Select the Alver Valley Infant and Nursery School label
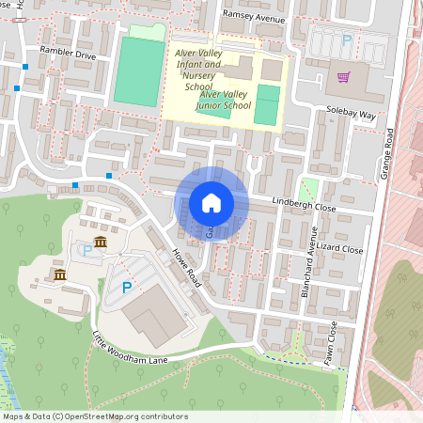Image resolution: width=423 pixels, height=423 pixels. click(x=198, y=70)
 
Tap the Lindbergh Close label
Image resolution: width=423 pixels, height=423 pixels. click(x=304, y=205)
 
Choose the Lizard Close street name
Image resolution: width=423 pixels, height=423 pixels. click(x=340, y=249)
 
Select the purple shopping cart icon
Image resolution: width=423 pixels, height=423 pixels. click(x=344, y=76)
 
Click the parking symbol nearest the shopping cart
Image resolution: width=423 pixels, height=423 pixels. click(x=347, y=40)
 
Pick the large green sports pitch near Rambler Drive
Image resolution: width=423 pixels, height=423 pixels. click(x=139, y=71)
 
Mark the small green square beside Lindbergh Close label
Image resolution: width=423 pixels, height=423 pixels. click(x=309, y=187)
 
